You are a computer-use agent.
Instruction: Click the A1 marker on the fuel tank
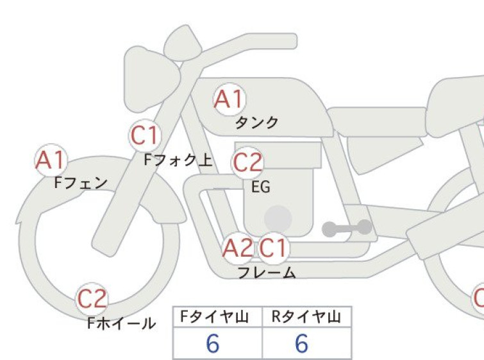pyautogui.click(x=229, y=99)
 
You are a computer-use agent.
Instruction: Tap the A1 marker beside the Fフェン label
pyautogui.click(x=51, y=160)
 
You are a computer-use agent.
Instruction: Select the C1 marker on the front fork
pyautogui.click(x=145, y=135)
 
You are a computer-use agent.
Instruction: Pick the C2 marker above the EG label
pyautogui.click(x=247, y=163)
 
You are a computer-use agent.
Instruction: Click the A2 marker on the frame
pyautogui.click(x=238, y=248)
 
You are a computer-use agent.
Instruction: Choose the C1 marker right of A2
pyautogui.click(x=274, y=248)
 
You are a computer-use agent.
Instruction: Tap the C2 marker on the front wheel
pyautogui.click(x=92, y=299)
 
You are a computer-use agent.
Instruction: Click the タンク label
pyautogui.click(x=257, y=123)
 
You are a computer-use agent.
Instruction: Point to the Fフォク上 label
pyautogui.click(x=178, y=160)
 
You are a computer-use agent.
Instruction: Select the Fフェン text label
pyautogui.click(x=81, y=183)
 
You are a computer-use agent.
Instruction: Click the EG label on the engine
pyautogui.click(x=261, y=187)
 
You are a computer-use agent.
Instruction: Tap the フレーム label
pyautogui.click(x=267, y=273)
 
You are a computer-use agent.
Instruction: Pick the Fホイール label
pyautogui.click(x=122, y=323)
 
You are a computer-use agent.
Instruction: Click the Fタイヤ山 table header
pyautogui.click(x=215, y=317)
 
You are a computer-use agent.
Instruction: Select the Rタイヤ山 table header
pyautogui.click(x=306, y=317)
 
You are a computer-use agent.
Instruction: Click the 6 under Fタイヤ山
pyautogui.click(x=213, y=343)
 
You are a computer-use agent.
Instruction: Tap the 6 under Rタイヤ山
pyautogui.click(x=301, y=343)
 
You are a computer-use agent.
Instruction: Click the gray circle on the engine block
pyautogui.click(x=278, y=219)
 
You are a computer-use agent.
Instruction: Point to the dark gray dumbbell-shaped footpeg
pyautogui.click(x=347, y=228)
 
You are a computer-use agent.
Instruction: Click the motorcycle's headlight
pyautogui.click(x=152, y=79)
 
